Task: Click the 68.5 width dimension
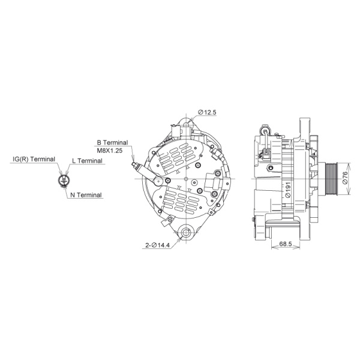[x=286, y=245]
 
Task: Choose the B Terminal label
[x=112, y=143]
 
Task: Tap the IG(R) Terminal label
[x=34, y=160]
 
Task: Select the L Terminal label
[x=87, y=161]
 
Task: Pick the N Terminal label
[x=85, y=195]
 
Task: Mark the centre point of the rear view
[x=187, y=179]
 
